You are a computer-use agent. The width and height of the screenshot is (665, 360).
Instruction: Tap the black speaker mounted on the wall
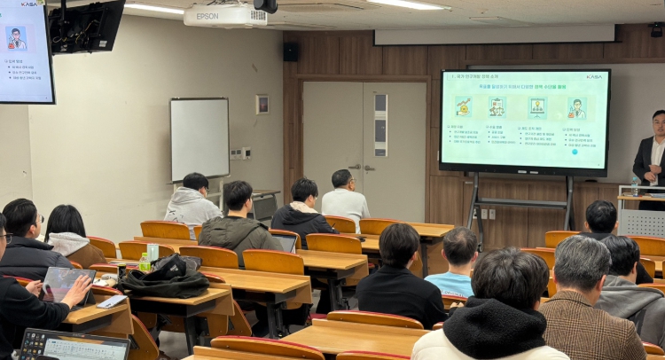click(291, 51)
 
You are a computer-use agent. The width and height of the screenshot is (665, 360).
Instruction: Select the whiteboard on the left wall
click(199, 138)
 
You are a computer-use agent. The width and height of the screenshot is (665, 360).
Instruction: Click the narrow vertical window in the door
click(381, 124)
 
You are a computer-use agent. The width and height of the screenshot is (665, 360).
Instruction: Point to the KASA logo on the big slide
click(593, 77)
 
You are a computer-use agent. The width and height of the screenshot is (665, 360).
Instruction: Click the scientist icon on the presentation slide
click(577, 108)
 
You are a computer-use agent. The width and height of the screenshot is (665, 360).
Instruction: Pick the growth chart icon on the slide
click(464, 107)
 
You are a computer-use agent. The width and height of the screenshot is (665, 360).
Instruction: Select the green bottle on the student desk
click(145, 262)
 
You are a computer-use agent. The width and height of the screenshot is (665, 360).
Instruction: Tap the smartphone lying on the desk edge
click(112, 302)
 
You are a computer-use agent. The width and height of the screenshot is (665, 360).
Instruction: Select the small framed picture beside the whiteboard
click(262, 105)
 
